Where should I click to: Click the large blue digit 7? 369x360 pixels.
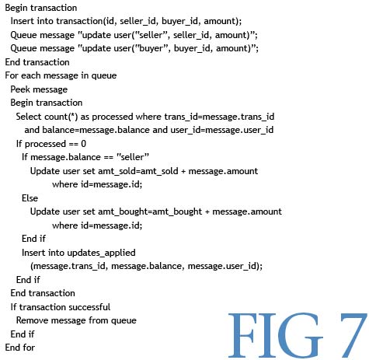(x=353, y=335)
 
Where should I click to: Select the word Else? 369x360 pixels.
(x=30, y=198)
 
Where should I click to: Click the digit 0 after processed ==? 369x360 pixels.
(x=83, y=144)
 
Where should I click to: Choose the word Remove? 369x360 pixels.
(x=33, y=320)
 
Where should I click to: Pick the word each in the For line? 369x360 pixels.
(x=31, y=75)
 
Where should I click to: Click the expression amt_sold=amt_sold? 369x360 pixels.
(x=138, y=171)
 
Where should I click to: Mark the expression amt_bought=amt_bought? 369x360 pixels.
(x=150, y=211)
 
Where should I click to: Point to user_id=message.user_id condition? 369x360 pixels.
(x=222, y=130)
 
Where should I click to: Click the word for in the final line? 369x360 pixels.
(x=29, y=348)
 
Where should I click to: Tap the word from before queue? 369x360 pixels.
(x=98, y=320)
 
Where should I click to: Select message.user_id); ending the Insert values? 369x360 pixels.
(x=225, y=266)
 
